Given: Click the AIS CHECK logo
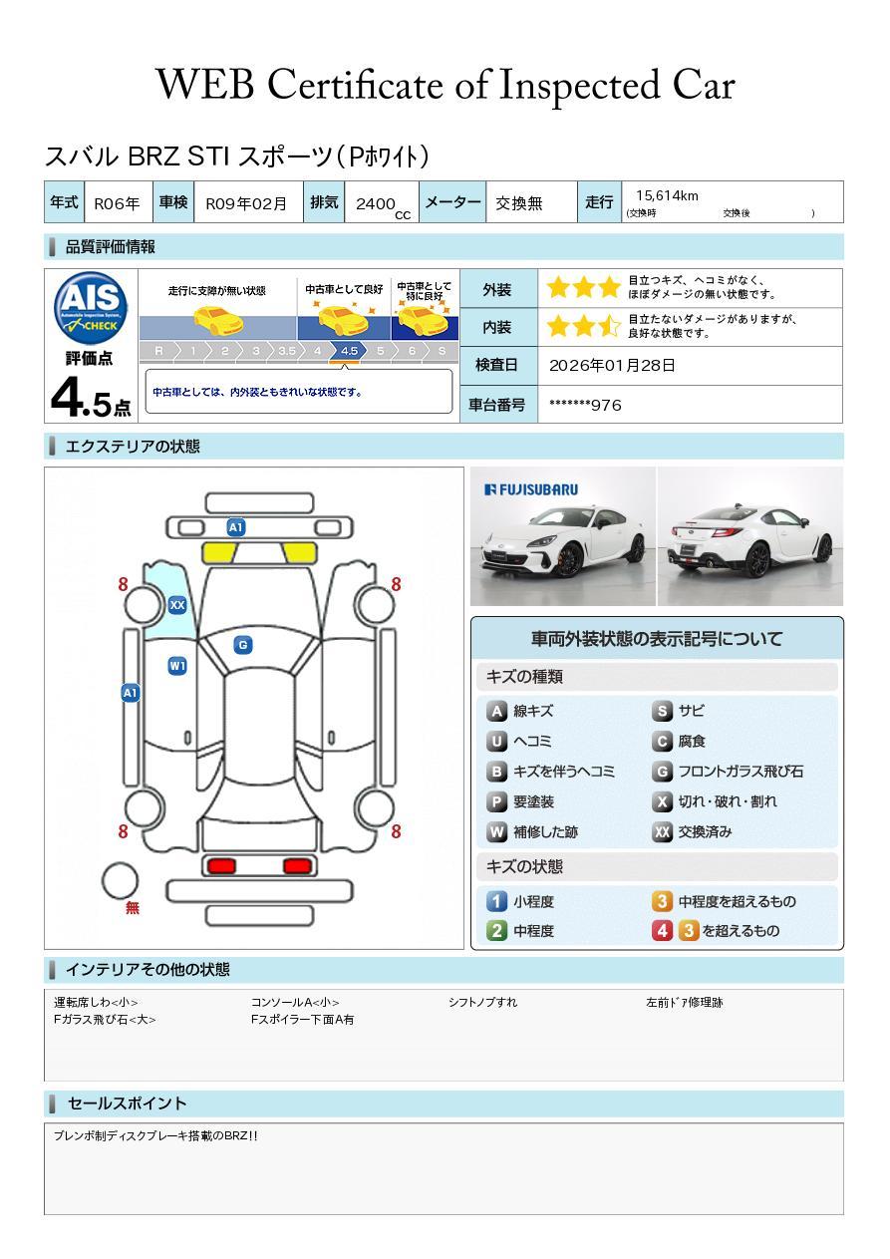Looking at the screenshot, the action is tap(90, 308).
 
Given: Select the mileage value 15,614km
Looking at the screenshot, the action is tap(667, 195).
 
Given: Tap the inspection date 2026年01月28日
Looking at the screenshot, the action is tap(612, 365).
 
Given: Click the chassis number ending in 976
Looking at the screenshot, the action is tap(585, 405).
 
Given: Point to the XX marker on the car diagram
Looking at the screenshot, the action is tap(177, 605).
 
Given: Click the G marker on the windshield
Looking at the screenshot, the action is tap(243, 645).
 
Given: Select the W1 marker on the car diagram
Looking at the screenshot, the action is tap(177, 666).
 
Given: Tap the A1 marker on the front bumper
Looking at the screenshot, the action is tap(236, 527).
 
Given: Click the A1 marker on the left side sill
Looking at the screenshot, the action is tap(131, 693).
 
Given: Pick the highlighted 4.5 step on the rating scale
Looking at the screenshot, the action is tap(349, 351).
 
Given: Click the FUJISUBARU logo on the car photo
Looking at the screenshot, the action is tap(531, 489).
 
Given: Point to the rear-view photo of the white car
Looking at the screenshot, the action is tap(750, 536).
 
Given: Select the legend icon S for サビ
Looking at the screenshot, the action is tap(662, 711).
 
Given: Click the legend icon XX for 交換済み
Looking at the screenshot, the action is tap(662, 831).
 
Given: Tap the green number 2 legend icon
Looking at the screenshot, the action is tap(496, 931).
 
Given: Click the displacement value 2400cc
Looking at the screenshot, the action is tap(383, 205).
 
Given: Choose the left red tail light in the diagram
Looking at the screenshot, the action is tap(221, 865).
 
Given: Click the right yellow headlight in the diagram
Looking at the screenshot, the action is tap(299, 553).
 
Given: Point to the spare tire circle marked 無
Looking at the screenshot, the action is tap(120, 880).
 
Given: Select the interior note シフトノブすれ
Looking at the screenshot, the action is tap(482, 1002).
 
